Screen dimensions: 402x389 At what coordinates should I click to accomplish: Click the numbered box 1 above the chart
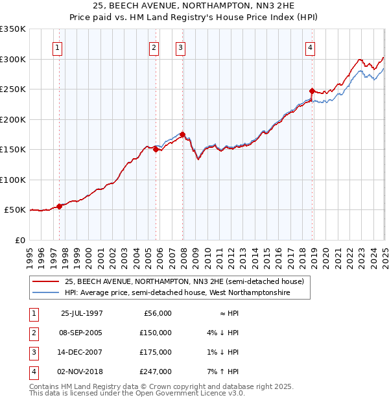pyautogui.click(x=58, y=47)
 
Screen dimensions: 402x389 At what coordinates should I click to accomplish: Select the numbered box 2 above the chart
pyautogui.click(x=154, y=47)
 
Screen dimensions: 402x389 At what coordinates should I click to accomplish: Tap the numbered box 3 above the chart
pyautogui.click(x=180, y=47)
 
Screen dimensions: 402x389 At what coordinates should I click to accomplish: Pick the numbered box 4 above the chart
pyautogui.click(x=311, y=47)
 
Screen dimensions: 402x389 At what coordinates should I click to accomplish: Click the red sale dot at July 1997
pyautogui.click(x=60, y=206)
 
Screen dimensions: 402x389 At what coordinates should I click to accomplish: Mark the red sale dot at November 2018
pyautogui.click(x=312, y=91)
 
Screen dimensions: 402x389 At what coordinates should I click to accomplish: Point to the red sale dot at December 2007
pyautogui.click(x=183, y=134)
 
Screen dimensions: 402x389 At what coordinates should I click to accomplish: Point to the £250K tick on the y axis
pyautogui.click(x=13, y=89)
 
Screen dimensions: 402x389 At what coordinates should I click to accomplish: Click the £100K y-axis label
pyautogui.click(x=13, y=180)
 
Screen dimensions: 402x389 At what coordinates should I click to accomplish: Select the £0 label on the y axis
pyautogui.click(x=19, y=240)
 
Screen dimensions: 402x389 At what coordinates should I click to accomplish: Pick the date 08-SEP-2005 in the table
pyautogui.click(x=82, y=333)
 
